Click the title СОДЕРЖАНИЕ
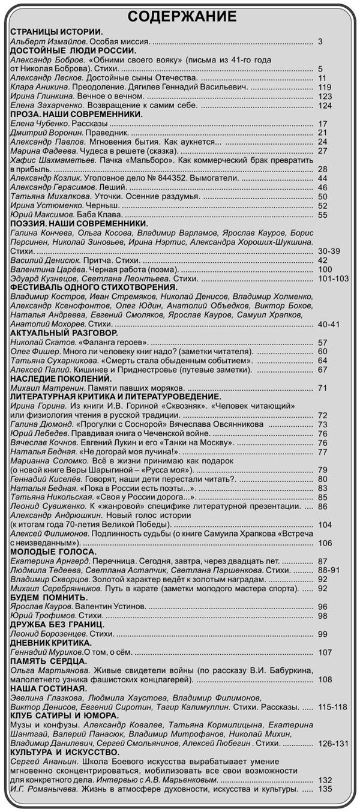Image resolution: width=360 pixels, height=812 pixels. coord(182,16)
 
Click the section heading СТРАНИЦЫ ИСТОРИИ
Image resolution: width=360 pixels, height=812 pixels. coord(57,31)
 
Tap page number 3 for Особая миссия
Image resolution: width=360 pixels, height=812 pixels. coord(321,42)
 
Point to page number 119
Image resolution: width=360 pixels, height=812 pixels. coord(325,87)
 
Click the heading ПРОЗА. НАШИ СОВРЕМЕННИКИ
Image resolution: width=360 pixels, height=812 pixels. coord(76,114)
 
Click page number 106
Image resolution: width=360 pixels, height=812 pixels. coord(325,543)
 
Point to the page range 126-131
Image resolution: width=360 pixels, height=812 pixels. coord(333,743)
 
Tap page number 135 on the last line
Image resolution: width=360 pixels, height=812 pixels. coord(325,789)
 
